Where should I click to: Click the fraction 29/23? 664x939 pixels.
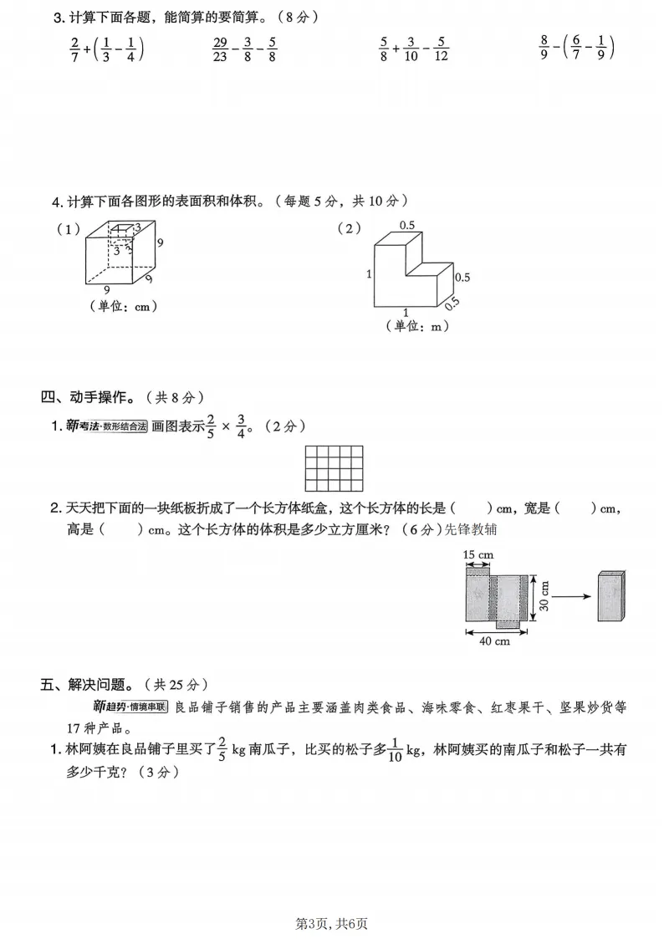pyautogui.click(x=221, y=50)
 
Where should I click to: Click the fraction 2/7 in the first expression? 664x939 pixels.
pyautogui.click(x=74, y=50)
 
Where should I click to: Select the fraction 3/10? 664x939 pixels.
pyautogui.click(x=411, y=50)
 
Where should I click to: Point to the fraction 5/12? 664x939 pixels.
pyautogui.click(x=442, y=50)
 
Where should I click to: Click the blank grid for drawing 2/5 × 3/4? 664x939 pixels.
pyautogui.click(x=334, y=467)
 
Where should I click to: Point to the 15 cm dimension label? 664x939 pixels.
pyautogui.click(x=478, y=554)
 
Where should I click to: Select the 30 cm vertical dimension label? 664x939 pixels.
pyautogui.click(x=544, y=595)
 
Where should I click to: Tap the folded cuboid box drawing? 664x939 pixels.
pyautogui.click(x=610, y=596)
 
